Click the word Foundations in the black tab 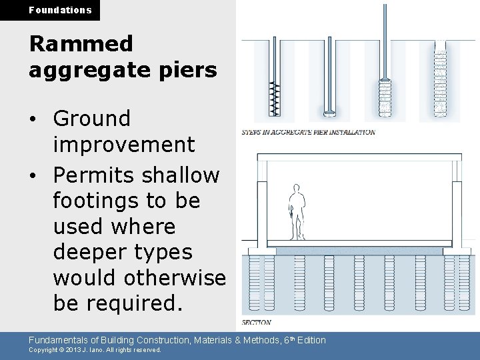coord(60,10)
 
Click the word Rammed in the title coord(81,44)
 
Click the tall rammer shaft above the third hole coord(384,40)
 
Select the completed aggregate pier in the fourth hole coord(440,83)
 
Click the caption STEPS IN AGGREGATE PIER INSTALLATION coord(307,132)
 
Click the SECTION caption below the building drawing coord(257,322)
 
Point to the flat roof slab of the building coord(360,156)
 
